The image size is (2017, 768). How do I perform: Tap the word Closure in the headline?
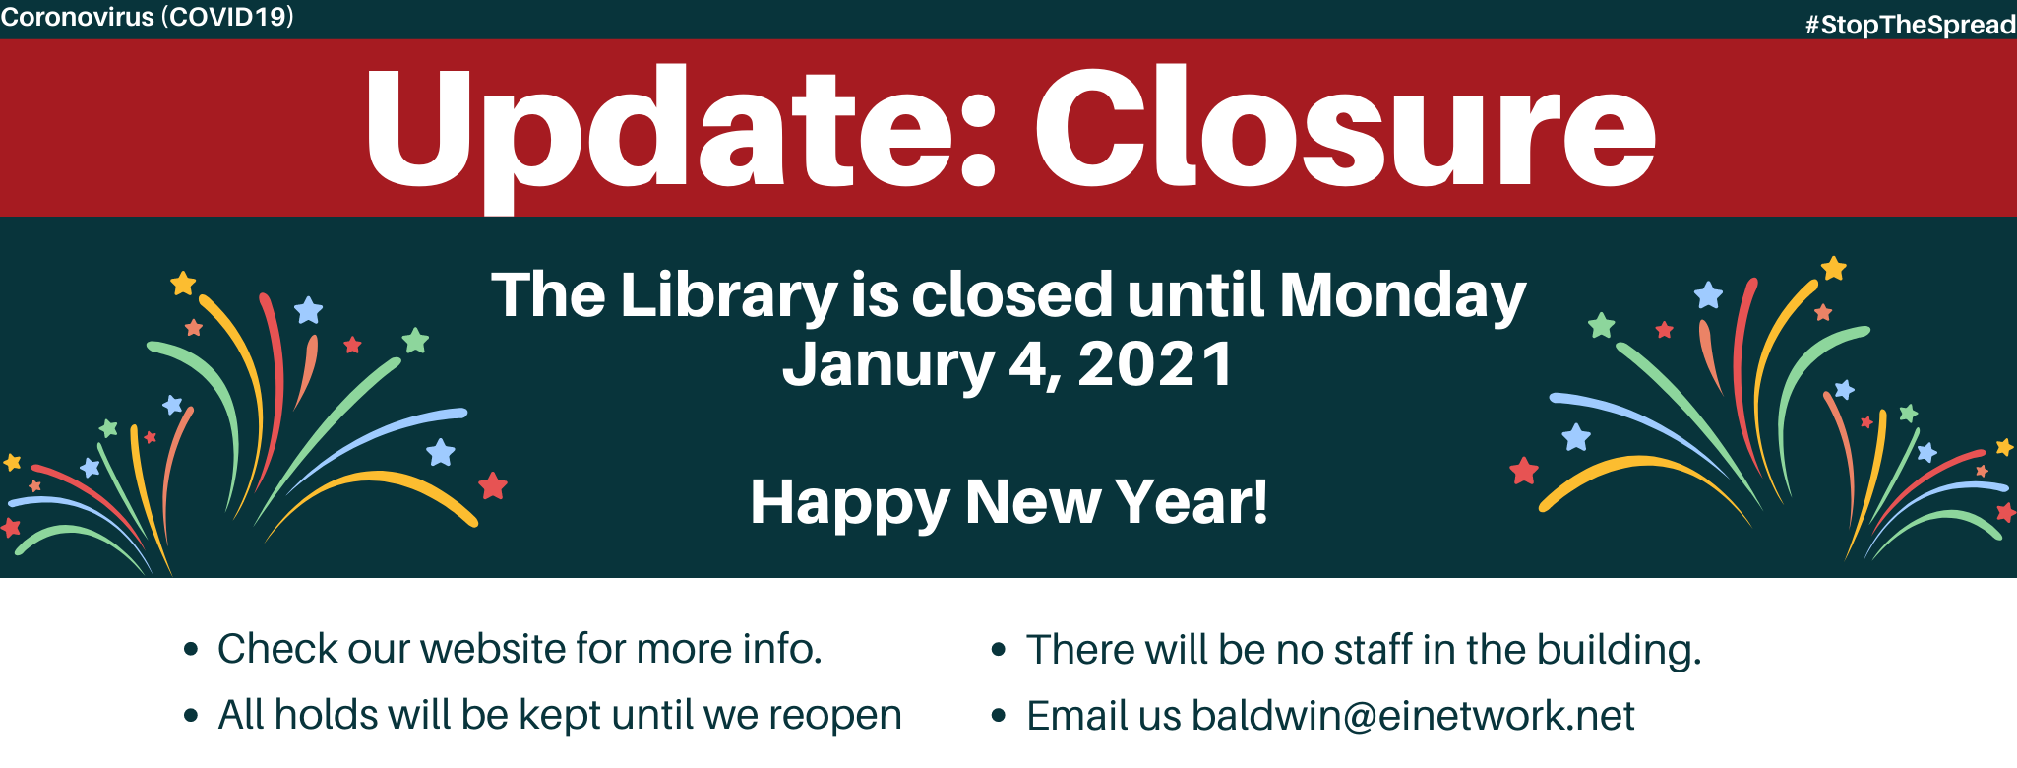[x=1346, y=126]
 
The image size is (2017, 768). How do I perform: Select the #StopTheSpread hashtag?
[x=1911, y=25]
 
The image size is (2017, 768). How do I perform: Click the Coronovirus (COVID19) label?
[x=148, y=17]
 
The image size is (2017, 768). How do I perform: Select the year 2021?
[x=1155, y=363]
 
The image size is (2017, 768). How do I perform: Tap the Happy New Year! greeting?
[x=1009, y=503]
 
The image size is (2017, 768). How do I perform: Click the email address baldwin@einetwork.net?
[x=1413, y=716]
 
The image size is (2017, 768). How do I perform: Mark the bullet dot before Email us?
[x=999, y=716]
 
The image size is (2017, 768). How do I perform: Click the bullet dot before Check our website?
[x=191, y=649]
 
